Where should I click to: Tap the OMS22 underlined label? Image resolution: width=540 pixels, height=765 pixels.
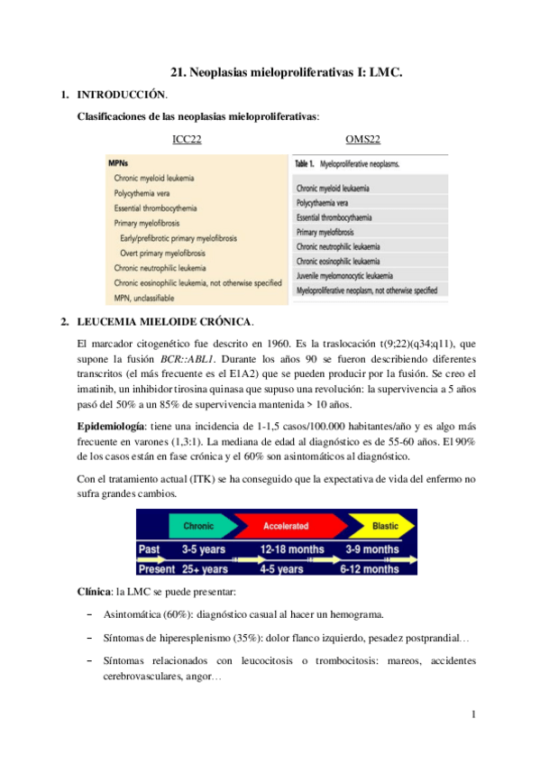tap(362, 139)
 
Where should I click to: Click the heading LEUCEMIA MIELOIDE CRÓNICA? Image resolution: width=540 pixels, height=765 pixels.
tap(166, 321)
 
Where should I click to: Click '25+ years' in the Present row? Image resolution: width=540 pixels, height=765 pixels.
tap(205, 569)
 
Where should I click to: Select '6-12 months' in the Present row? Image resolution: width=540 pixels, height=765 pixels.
tap(370, 569)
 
